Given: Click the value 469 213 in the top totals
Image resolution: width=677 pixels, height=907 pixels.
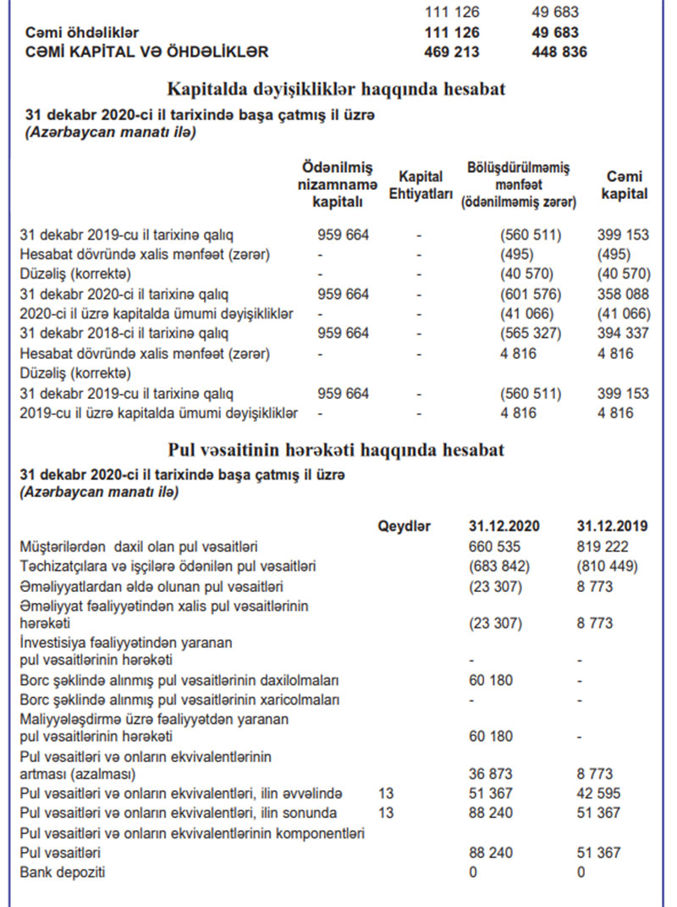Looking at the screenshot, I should pos(451,52).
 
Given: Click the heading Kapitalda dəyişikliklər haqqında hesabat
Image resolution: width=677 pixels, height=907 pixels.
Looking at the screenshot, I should pos(337,90).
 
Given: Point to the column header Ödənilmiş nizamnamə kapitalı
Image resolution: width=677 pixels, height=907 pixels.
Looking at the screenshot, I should pos(337,184).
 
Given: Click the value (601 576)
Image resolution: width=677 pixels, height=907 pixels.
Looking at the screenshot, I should pos(531,294).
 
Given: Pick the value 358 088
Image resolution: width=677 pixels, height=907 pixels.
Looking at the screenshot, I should pos(624,294).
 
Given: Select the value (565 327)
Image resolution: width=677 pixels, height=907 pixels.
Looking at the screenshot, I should pos(531,334).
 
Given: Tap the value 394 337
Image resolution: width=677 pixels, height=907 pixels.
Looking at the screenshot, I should pos(624,334).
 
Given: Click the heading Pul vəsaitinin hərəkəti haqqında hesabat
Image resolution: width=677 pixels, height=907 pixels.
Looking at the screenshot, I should pos(337,449).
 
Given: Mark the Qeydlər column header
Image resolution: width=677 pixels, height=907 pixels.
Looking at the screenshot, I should pos(405,526).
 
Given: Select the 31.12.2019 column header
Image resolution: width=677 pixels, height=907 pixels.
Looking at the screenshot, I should pos(612,526).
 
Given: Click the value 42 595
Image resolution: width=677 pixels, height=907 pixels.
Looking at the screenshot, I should pos(598,794).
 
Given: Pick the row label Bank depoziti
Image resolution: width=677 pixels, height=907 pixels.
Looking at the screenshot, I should pos(63,872).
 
